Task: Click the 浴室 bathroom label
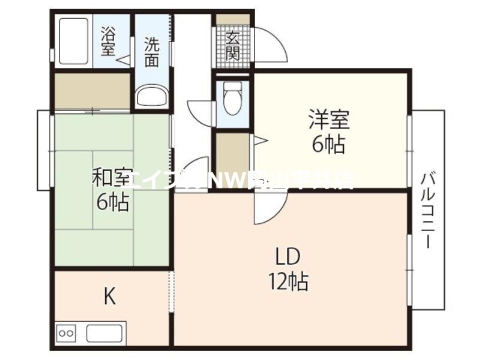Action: pos(109,41)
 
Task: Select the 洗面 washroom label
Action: pos(152,52)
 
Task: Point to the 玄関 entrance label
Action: pos(233,46)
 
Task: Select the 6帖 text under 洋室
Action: pos(329,144)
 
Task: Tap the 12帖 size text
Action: pos(289,281)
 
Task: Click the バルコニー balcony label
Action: pos(428,210)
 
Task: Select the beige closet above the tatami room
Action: pos(92,91)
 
